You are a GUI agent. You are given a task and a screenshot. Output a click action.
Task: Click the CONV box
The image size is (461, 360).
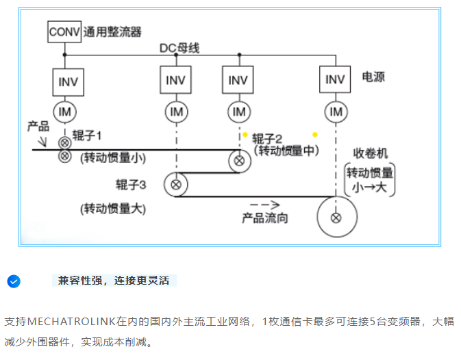pyautogui.click(x=64, y=31)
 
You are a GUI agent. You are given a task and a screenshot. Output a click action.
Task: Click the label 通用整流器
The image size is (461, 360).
pyautogui.click(x=112, y=31)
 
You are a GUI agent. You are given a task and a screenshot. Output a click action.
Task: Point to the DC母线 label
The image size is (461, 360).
pyautogui.click(x=180, y=48)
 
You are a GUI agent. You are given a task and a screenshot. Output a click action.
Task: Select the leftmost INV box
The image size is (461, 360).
pyautogui.click(x=68, y=81)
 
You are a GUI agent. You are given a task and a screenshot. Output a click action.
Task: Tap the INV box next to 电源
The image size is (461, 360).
pyautogui.click(x=335, y=79)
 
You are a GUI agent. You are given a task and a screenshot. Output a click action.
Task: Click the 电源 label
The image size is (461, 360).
pyautogui.click(x=373, y=77)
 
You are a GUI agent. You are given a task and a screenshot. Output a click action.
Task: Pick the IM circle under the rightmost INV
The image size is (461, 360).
pyautogui.click(x=336, y=112)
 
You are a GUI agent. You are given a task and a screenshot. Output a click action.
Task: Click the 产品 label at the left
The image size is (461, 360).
pyautogui.click(x=38, y=127)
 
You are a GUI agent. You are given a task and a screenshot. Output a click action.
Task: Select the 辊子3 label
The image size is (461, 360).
pyautogui.click(x=131, y=183)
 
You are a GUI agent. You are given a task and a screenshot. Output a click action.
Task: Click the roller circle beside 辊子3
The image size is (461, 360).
pyautogui.click(x=176, y=184)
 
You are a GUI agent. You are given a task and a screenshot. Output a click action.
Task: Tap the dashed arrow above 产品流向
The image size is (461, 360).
pyautogui.click(x=265, y=204)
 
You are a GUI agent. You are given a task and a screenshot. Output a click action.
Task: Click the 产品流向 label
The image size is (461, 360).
pyautogui.click(x=265, y=218)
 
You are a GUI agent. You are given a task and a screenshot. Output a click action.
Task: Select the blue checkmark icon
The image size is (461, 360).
pyautogui.click(x=13, y=281)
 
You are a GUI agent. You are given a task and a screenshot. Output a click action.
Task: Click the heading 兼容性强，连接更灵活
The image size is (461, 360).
pyautogui.click(x=114, y=281)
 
